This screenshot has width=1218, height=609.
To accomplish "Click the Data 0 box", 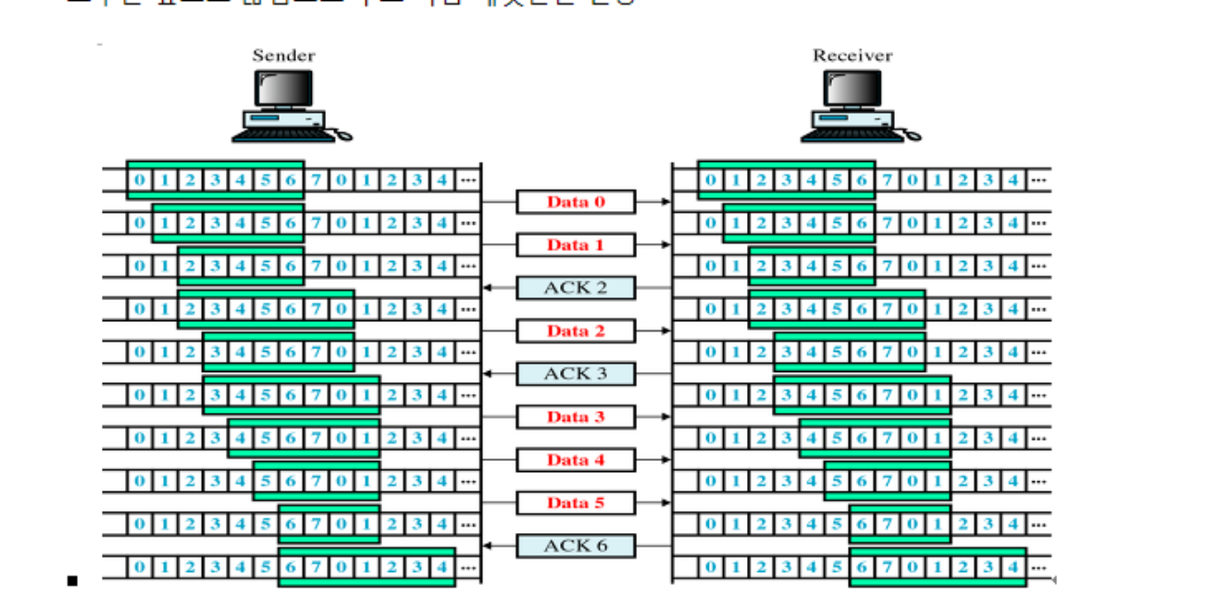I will [x=576, y=202].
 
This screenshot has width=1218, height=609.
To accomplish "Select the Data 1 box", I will [x=576, y=245].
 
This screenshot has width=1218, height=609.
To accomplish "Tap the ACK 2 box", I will [x=576, y=288].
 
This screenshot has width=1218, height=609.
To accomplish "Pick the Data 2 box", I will [x=576, y=331].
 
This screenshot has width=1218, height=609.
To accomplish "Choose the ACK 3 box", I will [x=576, y=374].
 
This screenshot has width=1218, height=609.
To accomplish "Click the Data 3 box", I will [x=576, y=416].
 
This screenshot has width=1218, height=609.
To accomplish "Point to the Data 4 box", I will [x=576, y=460].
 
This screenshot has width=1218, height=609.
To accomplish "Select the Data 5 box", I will [x=576, y=503].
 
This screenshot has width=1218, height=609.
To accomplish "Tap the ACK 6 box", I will [x=576, y=546].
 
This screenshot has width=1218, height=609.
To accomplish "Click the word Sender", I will [x=284, y=56].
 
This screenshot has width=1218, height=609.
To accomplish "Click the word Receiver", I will [x=852, y=56].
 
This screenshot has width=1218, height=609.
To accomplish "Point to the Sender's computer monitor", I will [x=284, y=88].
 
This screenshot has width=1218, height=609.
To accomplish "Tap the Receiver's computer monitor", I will [x=852, y=88].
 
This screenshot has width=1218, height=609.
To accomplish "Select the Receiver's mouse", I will [x=913, y=136].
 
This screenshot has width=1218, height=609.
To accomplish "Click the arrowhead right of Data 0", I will [x=665, y=202].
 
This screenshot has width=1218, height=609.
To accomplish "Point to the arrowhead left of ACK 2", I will [x=487, y=288].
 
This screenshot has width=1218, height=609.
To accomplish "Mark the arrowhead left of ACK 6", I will [x=487, y=546].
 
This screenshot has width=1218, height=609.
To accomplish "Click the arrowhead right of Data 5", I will [x=665, y=503].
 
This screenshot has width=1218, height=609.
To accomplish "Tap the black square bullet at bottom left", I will [x=72, y=581].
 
